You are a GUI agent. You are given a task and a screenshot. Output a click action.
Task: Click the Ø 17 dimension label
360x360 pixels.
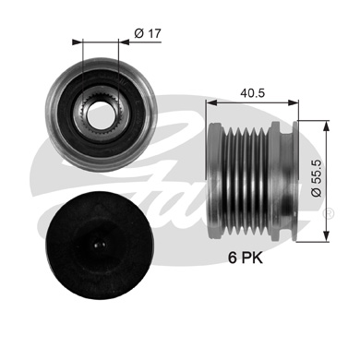(x=148, y=34)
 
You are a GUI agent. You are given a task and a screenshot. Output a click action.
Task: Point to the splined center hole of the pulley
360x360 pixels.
(x=100, y=118)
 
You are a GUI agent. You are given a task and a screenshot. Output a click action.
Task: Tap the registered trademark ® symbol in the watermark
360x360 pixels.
(x=329, y=214)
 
